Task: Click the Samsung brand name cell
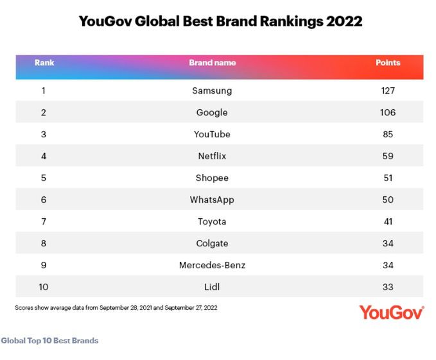click(212, 90)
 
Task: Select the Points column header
click(387, 63)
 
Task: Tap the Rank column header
click(44, 63)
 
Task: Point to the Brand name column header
click(212, 63)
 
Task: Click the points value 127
click(387, 90)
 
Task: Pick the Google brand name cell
click(212, 112)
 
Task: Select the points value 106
click(387, 112)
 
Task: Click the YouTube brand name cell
click(212, 134)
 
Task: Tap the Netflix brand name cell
click(212, 156)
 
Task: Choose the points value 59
click(387, 156)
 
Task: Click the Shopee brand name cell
click(212, 178)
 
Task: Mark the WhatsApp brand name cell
click(212, 200)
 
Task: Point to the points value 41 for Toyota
click(387, 221)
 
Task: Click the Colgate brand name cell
click(212, 243)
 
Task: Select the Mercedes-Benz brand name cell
click(212, 265)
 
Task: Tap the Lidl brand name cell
click(212, 287)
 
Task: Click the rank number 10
click(44, 287)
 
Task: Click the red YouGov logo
click(391, 313)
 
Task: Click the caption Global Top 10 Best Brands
click(49, 340)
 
